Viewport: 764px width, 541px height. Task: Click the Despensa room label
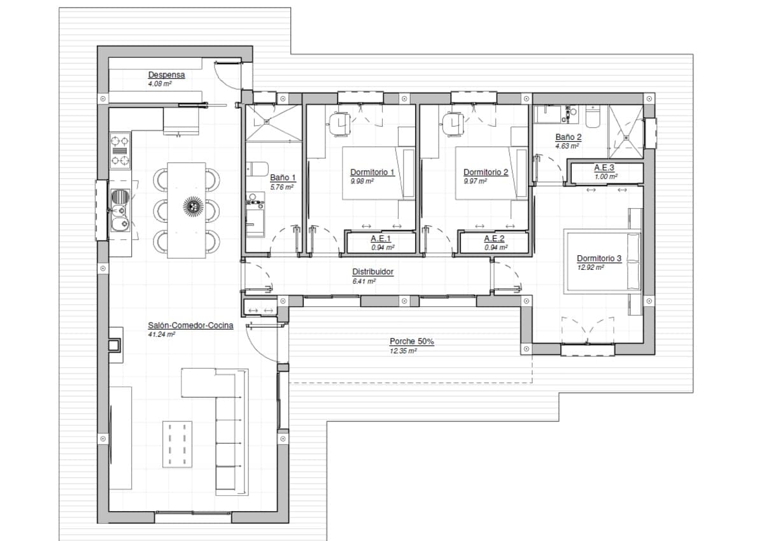166,75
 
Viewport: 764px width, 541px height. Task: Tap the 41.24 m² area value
162,334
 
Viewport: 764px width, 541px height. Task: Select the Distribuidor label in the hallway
372,272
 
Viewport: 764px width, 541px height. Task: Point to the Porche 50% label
412,342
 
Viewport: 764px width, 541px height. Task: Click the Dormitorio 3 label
598,258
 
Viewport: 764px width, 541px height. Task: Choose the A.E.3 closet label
604,168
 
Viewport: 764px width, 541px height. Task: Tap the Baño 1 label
283,178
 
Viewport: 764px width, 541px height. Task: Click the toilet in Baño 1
258,169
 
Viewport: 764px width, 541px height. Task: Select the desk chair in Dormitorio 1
340,123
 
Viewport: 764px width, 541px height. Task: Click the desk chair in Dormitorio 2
453,123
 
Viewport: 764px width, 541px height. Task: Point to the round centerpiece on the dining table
193,206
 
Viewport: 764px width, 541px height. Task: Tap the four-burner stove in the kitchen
120,150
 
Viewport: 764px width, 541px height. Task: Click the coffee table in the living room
178,444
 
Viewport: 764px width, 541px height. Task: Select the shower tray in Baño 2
625,132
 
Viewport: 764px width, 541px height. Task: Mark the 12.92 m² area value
590,267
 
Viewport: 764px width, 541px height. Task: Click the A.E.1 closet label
380,239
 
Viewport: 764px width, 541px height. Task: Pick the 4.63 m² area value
566,146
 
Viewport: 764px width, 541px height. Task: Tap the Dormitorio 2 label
485,172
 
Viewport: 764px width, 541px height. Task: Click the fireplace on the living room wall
115,344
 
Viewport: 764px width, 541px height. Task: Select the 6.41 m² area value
364,281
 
